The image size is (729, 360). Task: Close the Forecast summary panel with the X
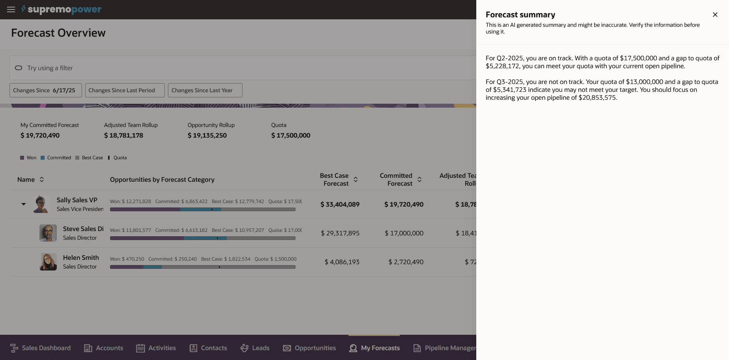click(x=715, y=15)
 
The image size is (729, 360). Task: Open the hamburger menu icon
click(x=11, y=9)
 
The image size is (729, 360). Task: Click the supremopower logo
click(x=62, y=9)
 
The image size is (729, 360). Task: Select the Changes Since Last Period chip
click(x=125, y=90)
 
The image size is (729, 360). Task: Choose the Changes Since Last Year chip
click(x=205, y=90)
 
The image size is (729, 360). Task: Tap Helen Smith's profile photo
click(x=48, y=262)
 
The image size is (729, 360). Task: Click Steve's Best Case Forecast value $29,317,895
click(x=340, y=233)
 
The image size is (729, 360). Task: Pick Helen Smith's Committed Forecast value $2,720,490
click(x=406, y=262)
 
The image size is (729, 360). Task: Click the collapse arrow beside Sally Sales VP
click(x=24, y=204)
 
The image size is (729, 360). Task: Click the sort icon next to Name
click(x=42, y=179)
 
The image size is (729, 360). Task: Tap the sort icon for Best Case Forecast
click(x=356, y=179)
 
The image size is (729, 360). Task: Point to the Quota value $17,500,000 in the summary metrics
click(x=291, y=135)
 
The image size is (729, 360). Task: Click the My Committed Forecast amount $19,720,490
click(x=40, y=135)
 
